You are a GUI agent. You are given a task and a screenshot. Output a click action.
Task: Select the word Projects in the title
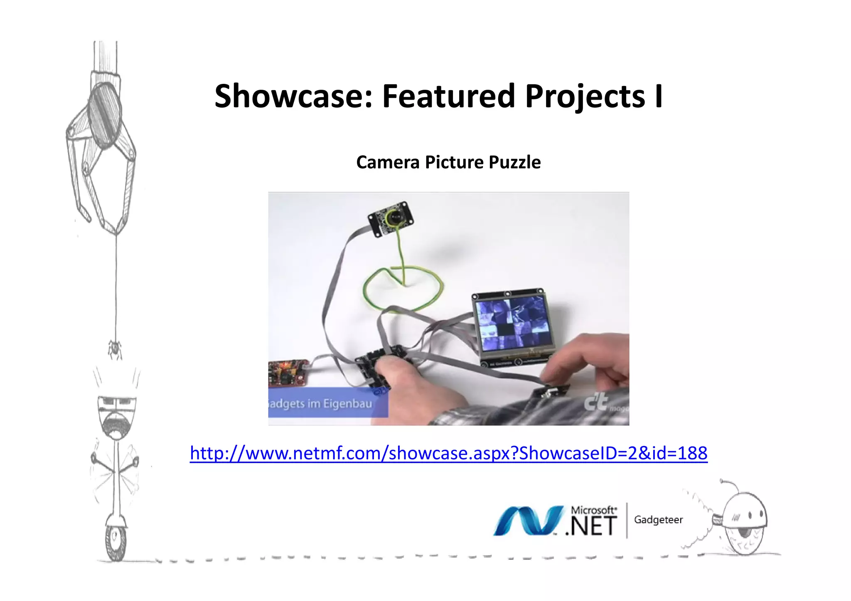pyautogui.click(x=585, y=97)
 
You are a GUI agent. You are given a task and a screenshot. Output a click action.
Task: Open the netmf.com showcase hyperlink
pyautogui.click(x=448, y=453)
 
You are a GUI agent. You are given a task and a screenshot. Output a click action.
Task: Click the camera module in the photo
pyautogui.click(x=391, y=219)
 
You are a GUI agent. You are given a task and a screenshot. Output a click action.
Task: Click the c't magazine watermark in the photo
pyautogui.click(x=598, y=402)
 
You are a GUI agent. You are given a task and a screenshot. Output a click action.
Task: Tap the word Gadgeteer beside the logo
pyautogui.click(x=658, y=520)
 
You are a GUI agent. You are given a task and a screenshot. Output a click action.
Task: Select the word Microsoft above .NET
pyautogui.click(x=593, y=510)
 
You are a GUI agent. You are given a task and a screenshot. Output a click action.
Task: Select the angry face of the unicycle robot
pyautogui.click(x=117, y=416)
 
